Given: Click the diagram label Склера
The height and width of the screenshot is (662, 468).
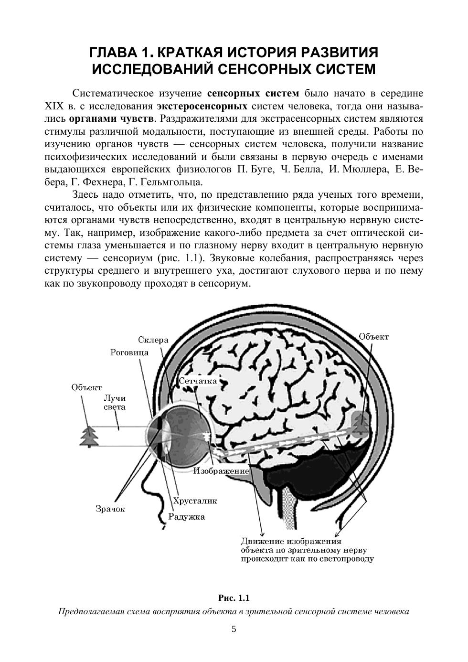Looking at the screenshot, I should click(x=153, y=340).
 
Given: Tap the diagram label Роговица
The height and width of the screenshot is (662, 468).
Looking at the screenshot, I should click(x=129, y=352).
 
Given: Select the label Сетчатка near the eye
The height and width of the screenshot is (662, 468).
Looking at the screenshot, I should click(x=198, y=381).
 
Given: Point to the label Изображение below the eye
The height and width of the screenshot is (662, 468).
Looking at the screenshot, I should click(x=221, y=471).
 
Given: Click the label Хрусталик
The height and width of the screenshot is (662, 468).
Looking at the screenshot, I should click(x=195, y=501).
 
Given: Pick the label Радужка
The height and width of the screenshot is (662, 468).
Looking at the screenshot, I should click(x=186, y=516).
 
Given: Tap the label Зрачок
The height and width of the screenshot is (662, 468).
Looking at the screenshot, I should click(x=110, y=509).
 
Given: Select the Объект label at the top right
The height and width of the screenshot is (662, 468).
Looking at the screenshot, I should click(x=373, y=337).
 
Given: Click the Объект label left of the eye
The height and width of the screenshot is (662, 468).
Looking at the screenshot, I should click(x=86, y=387).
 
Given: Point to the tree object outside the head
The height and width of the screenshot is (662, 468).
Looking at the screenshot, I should click(x=89, y=435).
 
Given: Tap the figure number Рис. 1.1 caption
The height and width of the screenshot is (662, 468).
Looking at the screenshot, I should click(x=234, y=598).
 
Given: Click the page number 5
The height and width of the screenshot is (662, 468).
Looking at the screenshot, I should click(x=234, y=629).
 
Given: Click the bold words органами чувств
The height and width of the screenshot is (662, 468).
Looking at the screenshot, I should click(x=111, y=118).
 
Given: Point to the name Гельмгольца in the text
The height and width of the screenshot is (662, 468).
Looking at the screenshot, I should click(x=177, y=182).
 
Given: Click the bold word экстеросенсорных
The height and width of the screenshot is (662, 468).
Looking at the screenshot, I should click(x=202, y=105).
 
